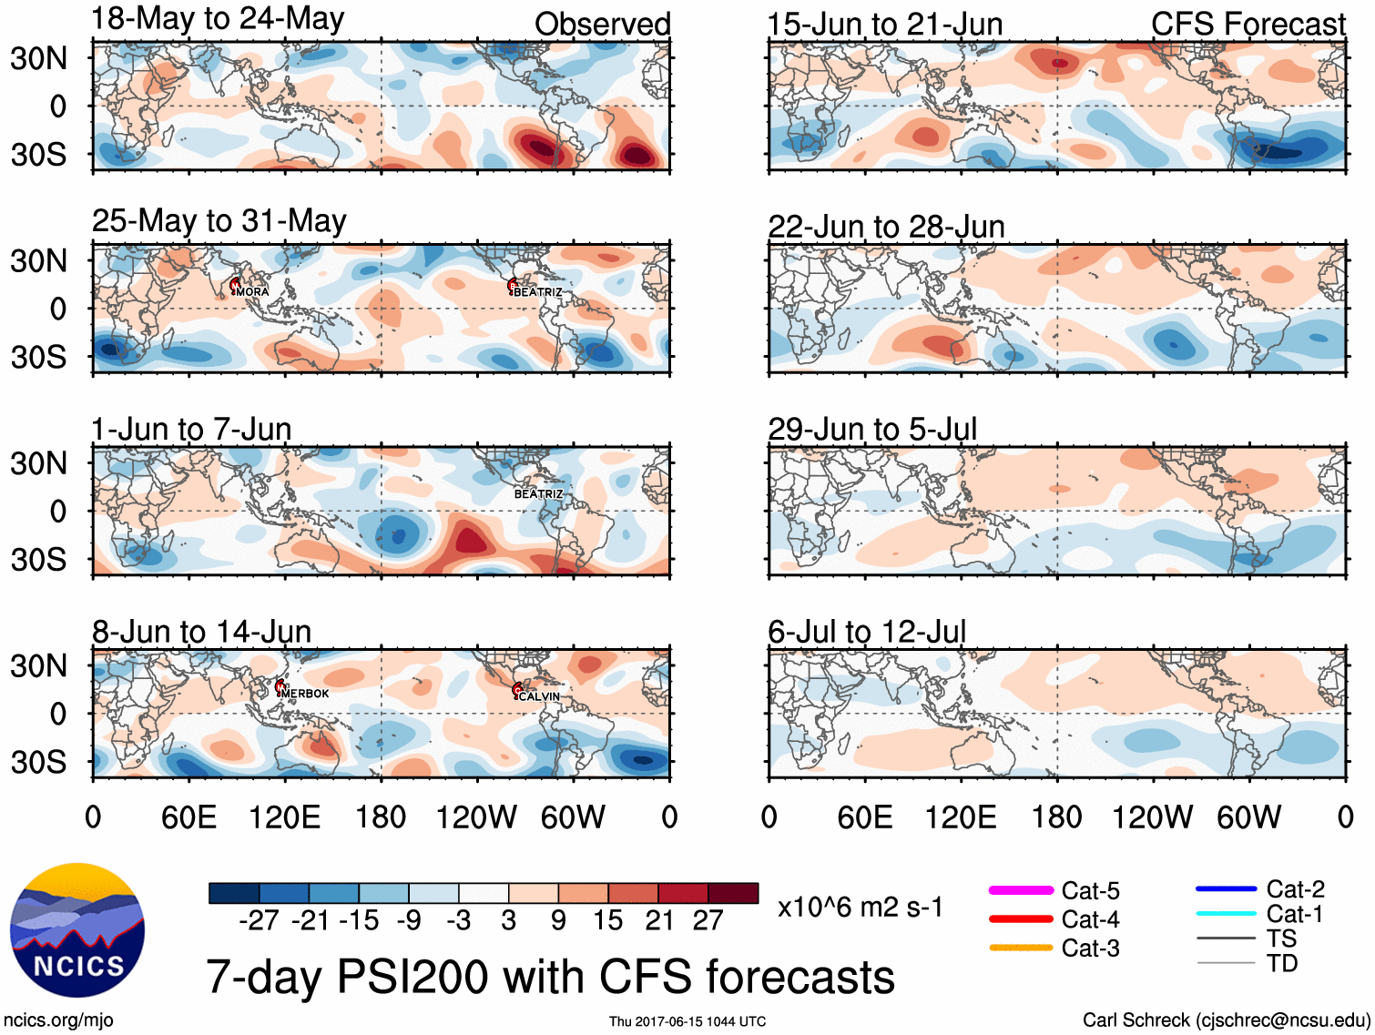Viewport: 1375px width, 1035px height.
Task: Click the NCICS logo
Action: coord(77,929)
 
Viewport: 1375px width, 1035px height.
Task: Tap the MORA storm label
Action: coord(252,292)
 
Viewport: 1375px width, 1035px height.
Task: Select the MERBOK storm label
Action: coord(305,694)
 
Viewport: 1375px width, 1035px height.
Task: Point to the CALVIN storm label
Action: coord(539,696)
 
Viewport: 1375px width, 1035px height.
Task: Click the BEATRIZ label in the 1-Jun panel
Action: coord(538,493)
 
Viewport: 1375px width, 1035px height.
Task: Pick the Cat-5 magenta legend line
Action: coord(1021,890)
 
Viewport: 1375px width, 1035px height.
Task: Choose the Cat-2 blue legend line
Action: coord(1226,888)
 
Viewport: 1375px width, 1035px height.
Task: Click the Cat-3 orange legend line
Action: coord(1021,948)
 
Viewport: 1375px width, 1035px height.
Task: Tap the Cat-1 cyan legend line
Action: coord(1226,914)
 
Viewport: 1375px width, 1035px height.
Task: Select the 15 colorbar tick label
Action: coord(607,921)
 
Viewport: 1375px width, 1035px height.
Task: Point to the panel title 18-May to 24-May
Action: coord(218,19)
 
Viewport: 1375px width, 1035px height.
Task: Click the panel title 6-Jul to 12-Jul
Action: coord(867,631)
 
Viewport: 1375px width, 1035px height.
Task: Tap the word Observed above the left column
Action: coord(602,25)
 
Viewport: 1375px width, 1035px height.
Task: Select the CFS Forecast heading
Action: coord(1248,25)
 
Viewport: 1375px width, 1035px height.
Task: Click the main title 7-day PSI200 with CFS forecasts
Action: coord(550,977)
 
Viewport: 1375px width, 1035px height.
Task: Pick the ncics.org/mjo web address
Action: coord(58,1020)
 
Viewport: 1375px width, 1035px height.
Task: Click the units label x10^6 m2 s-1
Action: coord(861,908)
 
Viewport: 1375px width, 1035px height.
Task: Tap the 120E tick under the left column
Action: coord(284,817)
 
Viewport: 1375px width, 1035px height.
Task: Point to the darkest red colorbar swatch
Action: coord(733,893)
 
